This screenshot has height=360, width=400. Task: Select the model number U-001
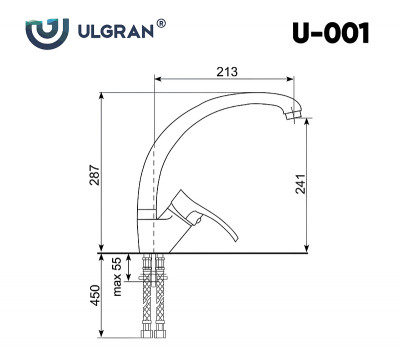click(x=331, y=33)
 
